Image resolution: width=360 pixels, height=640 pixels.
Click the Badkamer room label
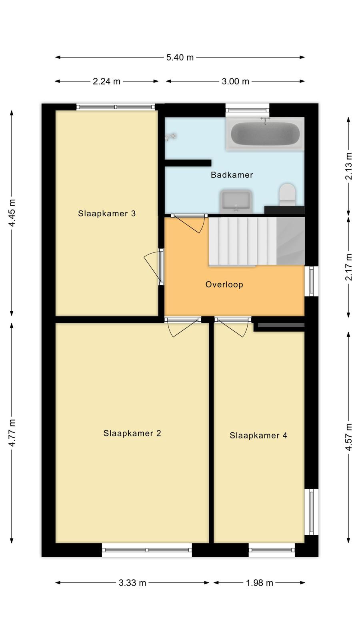[x=232, y=175]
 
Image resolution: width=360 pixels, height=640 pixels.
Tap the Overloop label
[x=224, y=284]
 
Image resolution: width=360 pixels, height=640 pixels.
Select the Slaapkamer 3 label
[x=107, y=214]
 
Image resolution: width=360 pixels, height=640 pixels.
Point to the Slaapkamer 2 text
[x=132, y=433]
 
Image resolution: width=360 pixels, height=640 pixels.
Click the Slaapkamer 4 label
[x=258, y=436]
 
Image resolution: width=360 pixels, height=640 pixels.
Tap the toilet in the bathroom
[x=287, y=195]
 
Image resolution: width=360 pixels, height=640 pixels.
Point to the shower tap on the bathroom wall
[x=170, y=137]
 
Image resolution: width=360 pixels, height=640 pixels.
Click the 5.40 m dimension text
[x=180, y=58]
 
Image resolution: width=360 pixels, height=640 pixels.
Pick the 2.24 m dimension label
[x=106, y=82]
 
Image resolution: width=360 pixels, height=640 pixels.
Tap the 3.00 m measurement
[x=236, y=82]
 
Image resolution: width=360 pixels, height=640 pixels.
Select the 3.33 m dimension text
[x=132, y=583]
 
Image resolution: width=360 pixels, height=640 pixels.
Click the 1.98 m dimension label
[x=260, y=583]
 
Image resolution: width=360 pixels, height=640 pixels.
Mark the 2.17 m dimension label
[x=348, y=267]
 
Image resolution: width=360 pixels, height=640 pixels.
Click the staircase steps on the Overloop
[x=242, y=242]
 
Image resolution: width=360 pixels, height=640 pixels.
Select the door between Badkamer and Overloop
[x=188, y=223]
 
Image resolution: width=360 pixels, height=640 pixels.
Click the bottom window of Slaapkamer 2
[x=147, y=550]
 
